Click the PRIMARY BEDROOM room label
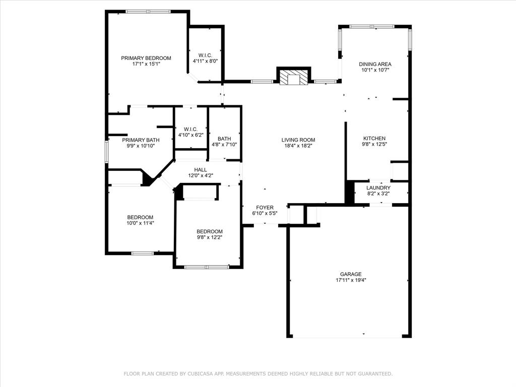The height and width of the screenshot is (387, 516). click(x=146, y=58)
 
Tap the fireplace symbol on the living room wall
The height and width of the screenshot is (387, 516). click(x=294, y=77)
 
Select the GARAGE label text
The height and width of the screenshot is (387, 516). click(x=351, y=274)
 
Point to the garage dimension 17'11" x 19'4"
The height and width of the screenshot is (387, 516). click(x=351, y=280)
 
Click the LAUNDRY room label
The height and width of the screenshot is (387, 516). click(x=378, y=188)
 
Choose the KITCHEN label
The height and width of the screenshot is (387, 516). click(x=374, y=139)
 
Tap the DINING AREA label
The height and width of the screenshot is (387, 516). click(x=375, y=64)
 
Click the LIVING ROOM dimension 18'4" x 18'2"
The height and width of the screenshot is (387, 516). click(x=298, y=146)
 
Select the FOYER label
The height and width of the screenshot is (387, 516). click(x=265, y=208)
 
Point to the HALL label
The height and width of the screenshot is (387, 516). click(x=201, y=170)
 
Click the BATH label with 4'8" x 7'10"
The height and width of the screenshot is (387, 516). click(x=224, y=139)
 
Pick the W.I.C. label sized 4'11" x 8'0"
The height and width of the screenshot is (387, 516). click(x=206, y=55)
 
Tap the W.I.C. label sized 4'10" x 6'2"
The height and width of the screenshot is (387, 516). click(x=191, y=130)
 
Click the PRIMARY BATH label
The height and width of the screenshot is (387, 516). click(x=141, y=140)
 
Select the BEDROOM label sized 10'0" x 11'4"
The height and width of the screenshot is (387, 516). click(x=140, y=217)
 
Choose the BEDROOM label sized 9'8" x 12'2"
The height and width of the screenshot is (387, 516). click(x=210, y=231)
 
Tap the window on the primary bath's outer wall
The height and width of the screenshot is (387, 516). click(x=106, y=151)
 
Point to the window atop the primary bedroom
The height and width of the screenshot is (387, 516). click(x=148, y=12)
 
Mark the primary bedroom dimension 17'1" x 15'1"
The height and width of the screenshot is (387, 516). click(x=146, y=64)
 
